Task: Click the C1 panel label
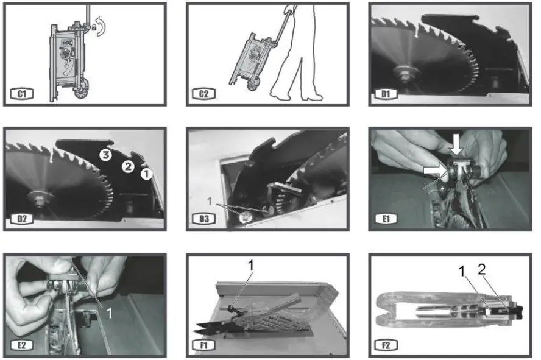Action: click(22, 94)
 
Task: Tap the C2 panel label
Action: click(204, 94)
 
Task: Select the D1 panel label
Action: click(386, 94)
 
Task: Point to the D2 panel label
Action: click(22, 219)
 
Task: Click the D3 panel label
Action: click(204, 219)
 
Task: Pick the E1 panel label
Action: click(386, 219)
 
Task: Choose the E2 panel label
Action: click(22, 345)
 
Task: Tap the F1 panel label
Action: click(204, 345)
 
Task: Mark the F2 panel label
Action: click(386, 345)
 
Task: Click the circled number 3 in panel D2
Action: click(105, 155)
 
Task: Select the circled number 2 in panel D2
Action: click(128, 167)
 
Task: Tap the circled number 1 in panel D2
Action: click(146, 174)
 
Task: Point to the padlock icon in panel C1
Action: click(94, 27)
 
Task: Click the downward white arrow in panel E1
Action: click(457, 145)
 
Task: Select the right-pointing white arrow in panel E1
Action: click(435, 170)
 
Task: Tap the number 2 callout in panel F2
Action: click(482, 269)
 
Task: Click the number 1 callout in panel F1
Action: click(251, 266)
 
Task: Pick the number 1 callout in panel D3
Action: click(209, 200)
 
